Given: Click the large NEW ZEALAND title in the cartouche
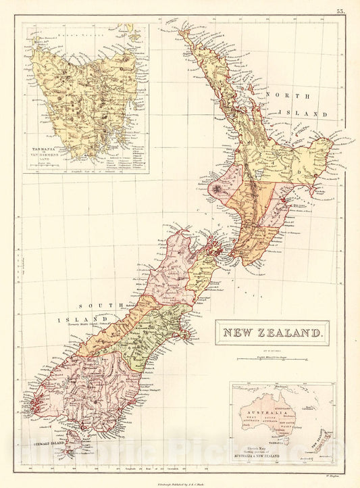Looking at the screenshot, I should tap(272, 333).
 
